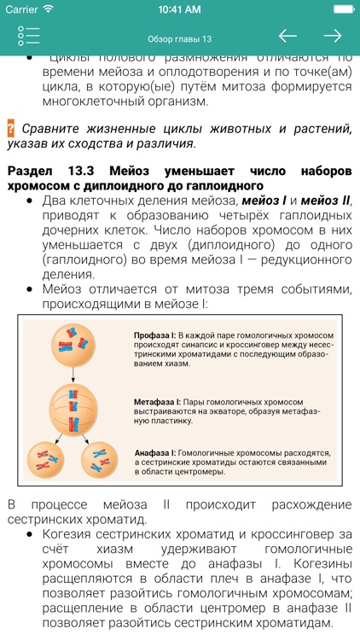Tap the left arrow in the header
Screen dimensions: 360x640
pyautogui.click(x=287, y=36)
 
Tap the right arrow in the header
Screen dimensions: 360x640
pyautogui.click(x=332, y=36)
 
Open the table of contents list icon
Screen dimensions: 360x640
pyautogui.click(x=28, y=36)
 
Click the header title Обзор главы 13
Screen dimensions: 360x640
pyautogui.click(x=179, y=38)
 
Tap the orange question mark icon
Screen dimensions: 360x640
pyautogui.click(x=11, y=129)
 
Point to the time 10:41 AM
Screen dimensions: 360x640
pyautogui.click(x=179, y=9)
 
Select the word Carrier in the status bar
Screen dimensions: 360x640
pyautogui.click(x=23, y=9)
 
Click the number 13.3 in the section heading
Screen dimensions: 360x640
pyautogui.click(x=82, y=171)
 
